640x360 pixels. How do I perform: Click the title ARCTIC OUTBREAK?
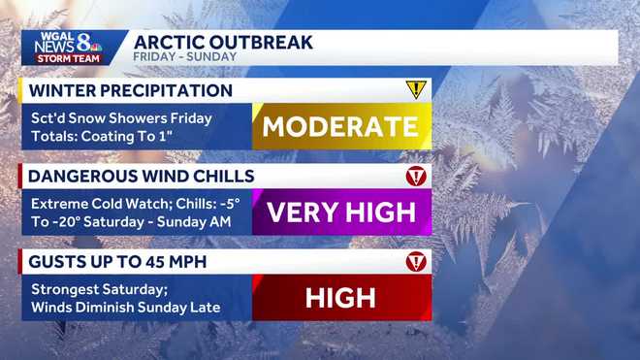[223, 41]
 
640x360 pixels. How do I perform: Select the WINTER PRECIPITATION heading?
[131, 91]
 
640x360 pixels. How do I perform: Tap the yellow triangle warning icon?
[416, 90]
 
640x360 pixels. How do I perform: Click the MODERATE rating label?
[340, 126]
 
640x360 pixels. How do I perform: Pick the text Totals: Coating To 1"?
[102, 135]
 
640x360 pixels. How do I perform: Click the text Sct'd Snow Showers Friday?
[121, 117]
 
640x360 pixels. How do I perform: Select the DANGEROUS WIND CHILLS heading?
[142, 177]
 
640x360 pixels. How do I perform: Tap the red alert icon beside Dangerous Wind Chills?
[416, 177]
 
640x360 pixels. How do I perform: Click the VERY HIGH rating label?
[340, 212]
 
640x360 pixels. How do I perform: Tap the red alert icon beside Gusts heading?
[416, 262]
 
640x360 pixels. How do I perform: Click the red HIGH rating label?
[340, 298]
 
